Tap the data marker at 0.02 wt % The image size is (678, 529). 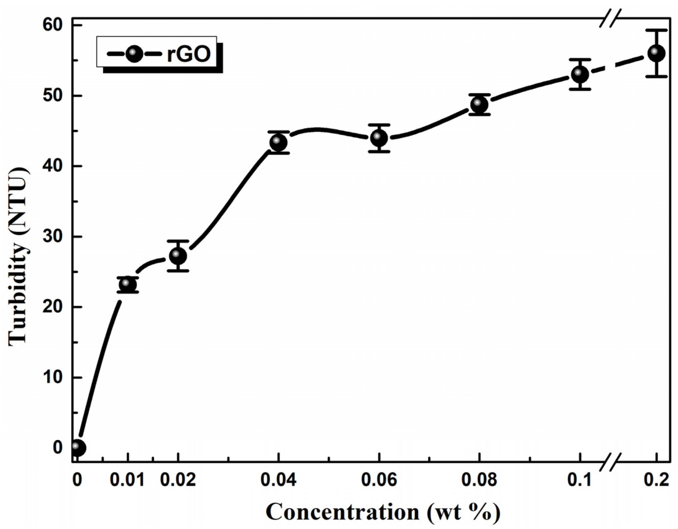point(178,256)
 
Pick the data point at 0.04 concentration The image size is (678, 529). point(278,142)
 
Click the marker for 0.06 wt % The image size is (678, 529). point(379,138)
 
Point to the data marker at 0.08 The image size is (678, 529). point(479,104)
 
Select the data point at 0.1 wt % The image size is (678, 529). point(580,74)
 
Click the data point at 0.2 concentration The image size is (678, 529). point(656,53)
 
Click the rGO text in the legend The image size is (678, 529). point(189,55)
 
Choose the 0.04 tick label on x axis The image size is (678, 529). point(278,480)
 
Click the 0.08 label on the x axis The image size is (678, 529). point(479,480)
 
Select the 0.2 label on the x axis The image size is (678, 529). point(656,480)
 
